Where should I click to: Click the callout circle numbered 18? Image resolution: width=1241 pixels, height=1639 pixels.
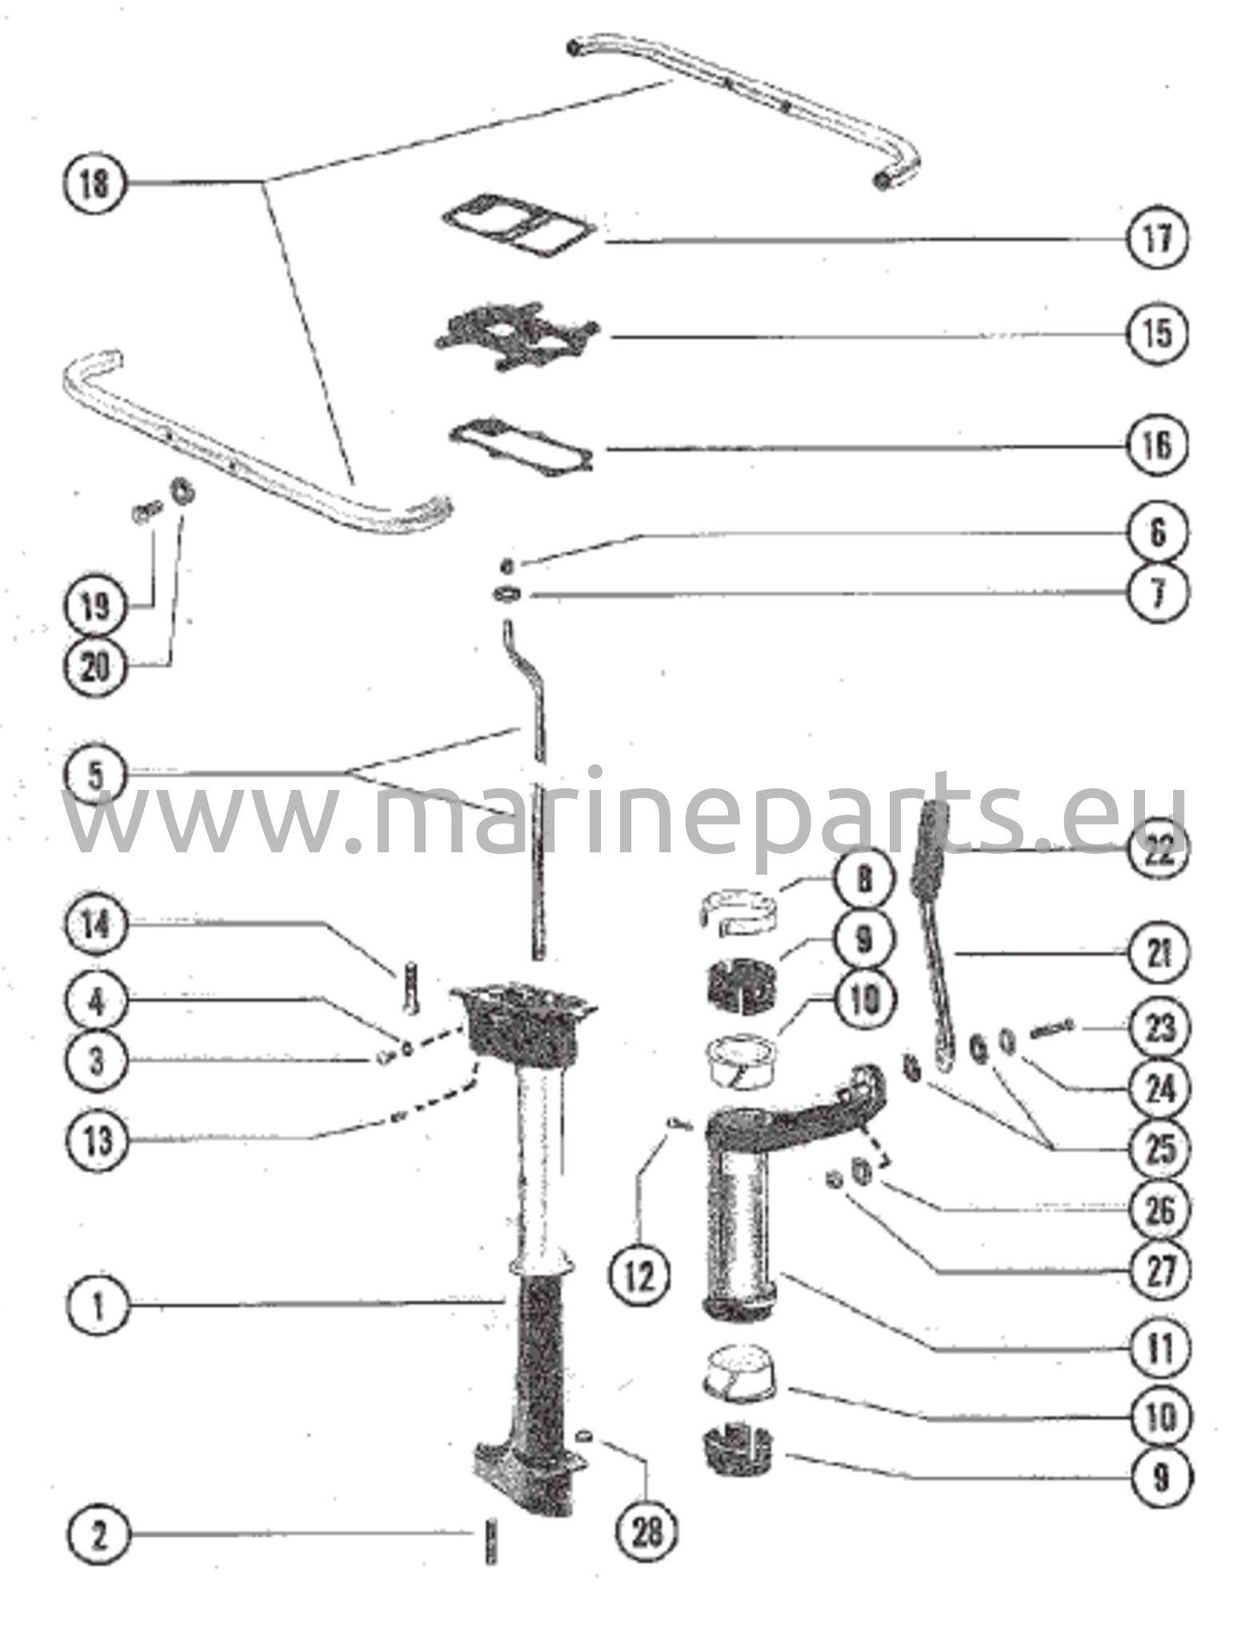click(94, 183)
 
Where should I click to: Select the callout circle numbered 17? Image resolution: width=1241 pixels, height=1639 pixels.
click(1158, 238)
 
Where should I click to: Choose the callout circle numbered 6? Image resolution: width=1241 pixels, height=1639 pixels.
click(1158, 533)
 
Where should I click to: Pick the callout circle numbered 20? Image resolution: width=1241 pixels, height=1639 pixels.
click(95, 666)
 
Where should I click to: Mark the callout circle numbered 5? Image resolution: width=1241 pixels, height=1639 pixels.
click(95, 775)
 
